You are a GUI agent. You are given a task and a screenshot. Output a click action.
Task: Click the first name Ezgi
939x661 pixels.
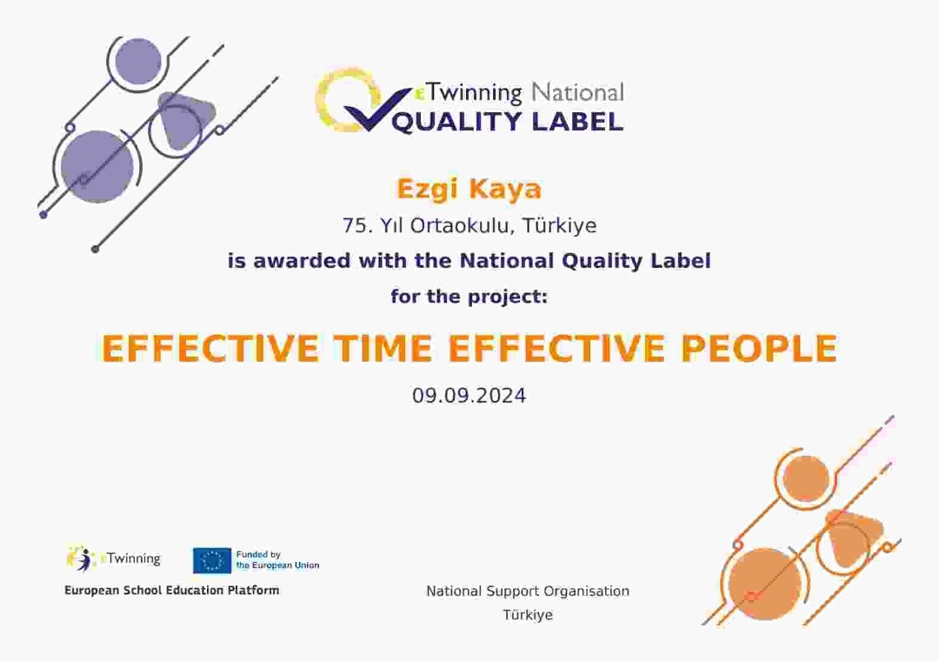point(427,189)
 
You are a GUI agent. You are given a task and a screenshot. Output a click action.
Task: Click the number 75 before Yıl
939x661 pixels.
point(356,226)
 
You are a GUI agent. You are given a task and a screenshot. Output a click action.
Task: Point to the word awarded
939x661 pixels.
point(308,261)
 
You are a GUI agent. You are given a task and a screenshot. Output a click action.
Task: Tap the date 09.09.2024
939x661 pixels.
point(469,396)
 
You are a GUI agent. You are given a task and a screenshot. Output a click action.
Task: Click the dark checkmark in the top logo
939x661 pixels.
point(373,109)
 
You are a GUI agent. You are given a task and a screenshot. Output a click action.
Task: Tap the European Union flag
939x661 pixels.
point(211,560)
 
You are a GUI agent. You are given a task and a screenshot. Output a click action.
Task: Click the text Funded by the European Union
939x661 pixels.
point(277,560)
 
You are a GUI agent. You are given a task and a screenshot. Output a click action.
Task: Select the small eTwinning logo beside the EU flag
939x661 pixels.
point(114,558)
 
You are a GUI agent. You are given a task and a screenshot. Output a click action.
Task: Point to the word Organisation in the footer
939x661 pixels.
point(584,591)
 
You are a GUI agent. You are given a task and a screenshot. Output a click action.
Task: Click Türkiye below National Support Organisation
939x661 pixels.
point(527,615)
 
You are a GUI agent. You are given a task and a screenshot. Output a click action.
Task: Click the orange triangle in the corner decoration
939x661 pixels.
point(853,532)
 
